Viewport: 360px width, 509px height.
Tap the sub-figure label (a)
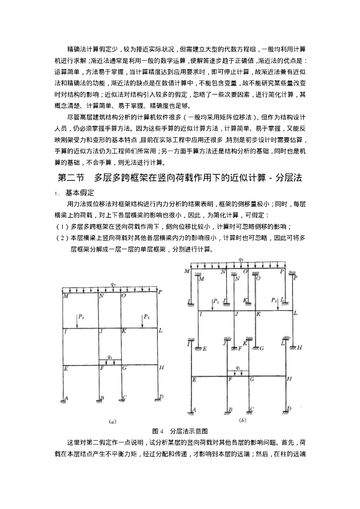pos(112,422)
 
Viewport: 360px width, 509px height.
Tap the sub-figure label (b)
pos(243,421)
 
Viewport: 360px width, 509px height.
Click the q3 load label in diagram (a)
pos(113,285)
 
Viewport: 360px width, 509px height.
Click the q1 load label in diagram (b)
pos(238,368)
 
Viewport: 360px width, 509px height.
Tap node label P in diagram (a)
pos(160,292)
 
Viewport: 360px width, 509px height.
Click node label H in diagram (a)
pos(161,368)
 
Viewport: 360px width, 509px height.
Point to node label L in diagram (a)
pos(160,331)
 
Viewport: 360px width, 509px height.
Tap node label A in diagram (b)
pos(194,410)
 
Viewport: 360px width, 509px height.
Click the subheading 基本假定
pos(80,192)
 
